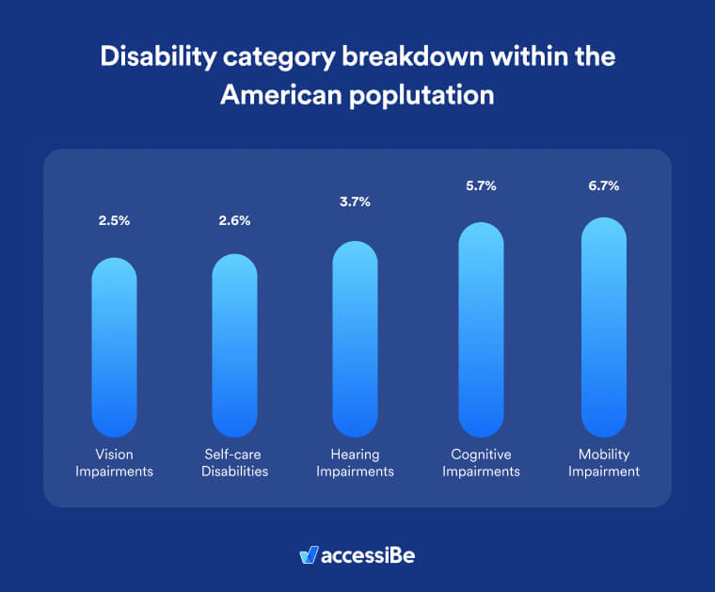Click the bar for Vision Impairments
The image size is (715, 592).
114,347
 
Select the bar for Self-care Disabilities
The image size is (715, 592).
234,345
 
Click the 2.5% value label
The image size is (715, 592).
114,222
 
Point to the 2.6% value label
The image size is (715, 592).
234,222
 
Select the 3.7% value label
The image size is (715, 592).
355,201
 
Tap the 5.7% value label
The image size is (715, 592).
481,186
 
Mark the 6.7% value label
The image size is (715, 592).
604,186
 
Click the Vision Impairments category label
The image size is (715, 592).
114,463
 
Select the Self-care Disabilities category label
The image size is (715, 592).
234,463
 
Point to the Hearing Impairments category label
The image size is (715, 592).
355,463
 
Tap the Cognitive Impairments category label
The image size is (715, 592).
481,463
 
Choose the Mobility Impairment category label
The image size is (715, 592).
604,463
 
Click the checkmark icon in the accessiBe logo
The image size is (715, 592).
308,555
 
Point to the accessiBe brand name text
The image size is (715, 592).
368,555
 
